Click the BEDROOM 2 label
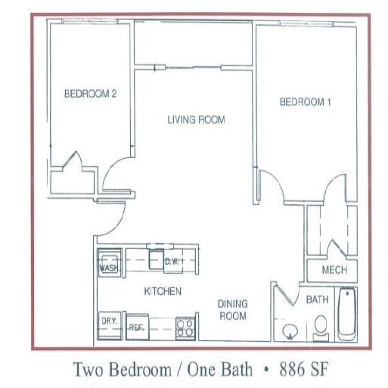click(x=90, y=94)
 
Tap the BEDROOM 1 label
click(x=305, y=102)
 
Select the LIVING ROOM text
click(x=196, y=120)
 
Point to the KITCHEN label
click(x=163, y=291)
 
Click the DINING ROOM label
click(x=233, y=310)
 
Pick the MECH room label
click(x=334, y=270)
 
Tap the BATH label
click(x=317, y=300)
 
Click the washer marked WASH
click(x=110, y=263)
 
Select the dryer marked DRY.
click(x=110, y=325)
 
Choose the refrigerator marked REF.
click(x=138, y=327)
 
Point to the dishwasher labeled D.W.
click(x=173, y=262)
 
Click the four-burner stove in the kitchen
click(x=185, y=328)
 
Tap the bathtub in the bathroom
click(x=346, y=315)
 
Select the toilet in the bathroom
click(x=321, y=328)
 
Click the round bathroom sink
click(x=290, y=331)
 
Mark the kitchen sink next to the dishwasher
click(x=157, y=259)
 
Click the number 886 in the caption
click(x=292, y=369)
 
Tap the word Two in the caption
click(x=88, y=369)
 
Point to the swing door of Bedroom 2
click(x=117, y=174)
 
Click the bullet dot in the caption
click(x=265, y=370)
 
